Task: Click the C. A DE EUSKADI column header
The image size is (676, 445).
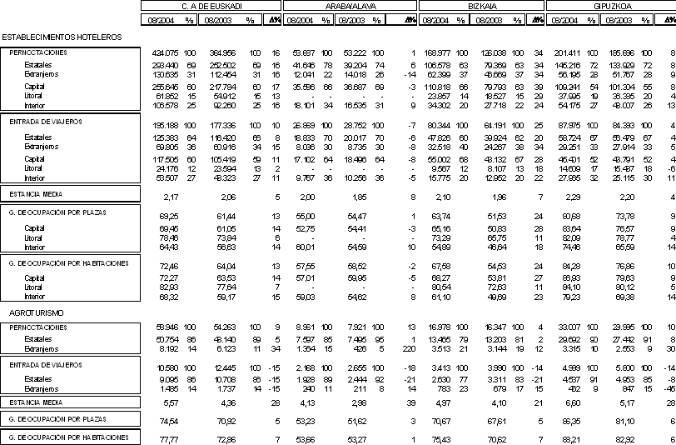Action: point(211,6)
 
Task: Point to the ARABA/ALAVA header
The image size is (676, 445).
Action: point(349,6)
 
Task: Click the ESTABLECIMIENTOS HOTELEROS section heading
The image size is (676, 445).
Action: point(62,37)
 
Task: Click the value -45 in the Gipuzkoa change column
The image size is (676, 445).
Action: point(669,388)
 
